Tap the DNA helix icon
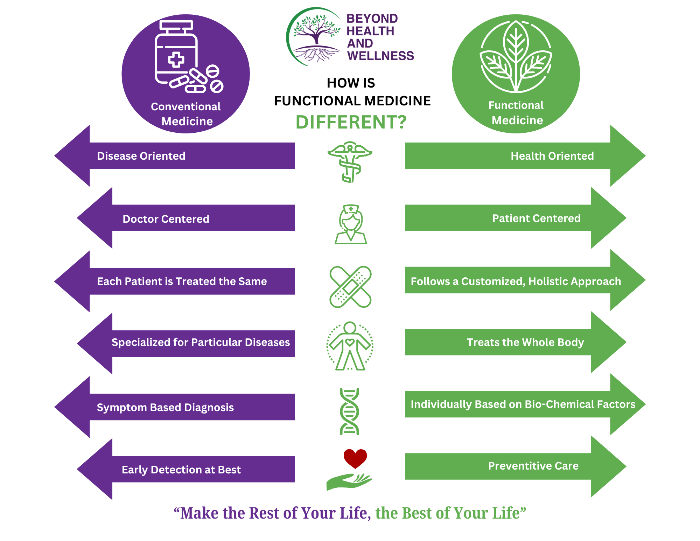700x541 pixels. pos(349,411)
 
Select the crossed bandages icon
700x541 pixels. pos(350,287)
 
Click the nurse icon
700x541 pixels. pos(351,224)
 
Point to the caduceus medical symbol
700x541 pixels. pos(350,162)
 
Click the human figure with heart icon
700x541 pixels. pos(350,346)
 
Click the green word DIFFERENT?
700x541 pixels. pos(351,122)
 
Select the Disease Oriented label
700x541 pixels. pos(141,156)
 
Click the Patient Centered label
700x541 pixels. pos(536,218)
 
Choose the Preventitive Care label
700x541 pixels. pos(533,466)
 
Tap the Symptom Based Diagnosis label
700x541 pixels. pos(165,408)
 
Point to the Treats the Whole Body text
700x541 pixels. pos(525,342)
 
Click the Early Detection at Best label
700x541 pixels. pos(181,470)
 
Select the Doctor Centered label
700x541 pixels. pos(166,219)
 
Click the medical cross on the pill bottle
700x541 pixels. pos(176,60)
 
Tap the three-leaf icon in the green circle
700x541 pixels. pos(516,56)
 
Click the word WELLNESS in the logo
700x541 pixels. pos(380,56)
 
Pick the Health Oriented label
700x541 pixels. pos(552,156)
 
